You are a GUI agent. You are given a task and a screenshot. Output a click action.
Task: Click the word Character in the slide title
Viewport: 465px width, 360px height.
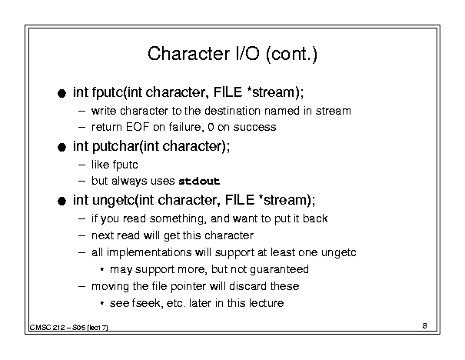[188, 54]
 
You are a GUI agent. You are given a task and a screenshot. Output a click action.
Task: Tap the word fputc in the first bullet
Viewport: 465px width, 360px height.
[108, 92]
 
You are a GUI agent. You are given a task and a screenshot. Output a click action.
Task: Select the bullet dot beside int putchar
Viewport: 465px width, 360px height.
[61, 147]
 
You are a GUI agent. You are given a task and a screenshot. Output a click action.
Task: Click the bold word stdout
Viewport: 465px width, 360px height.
[199, 181]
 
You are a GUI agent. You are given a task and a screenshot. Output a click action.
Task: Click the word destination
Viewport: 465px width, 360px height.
[233, 111]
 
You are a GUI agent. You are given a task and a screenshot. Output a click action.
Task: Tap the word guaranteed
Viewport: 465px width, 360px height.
[279, 269]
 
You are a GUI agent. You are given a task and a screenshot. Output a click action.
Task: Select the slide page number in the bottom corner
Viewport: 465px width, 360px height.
[425, 325]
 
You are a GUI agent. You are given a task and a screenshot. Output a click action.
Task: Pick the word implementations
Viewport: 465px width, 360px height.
[149, 252]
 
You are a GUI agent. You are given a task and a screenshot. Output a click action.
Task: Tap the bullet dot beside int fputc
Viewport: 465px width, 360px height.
[61, 94]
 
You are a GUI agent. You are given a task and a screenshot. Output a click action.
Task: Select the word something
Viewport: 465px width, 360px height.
[178, 218]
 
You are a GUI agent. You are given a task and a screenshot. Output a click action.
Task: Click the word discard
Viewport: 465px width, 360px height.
[248, 286]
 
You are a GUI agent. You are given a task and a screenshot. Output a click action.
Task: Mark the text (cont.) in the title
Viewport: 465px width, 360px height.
[291, 55]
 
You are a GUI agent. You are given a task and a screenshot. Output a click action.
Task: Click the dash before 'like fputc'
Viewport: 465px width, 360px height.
[81, 165]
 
